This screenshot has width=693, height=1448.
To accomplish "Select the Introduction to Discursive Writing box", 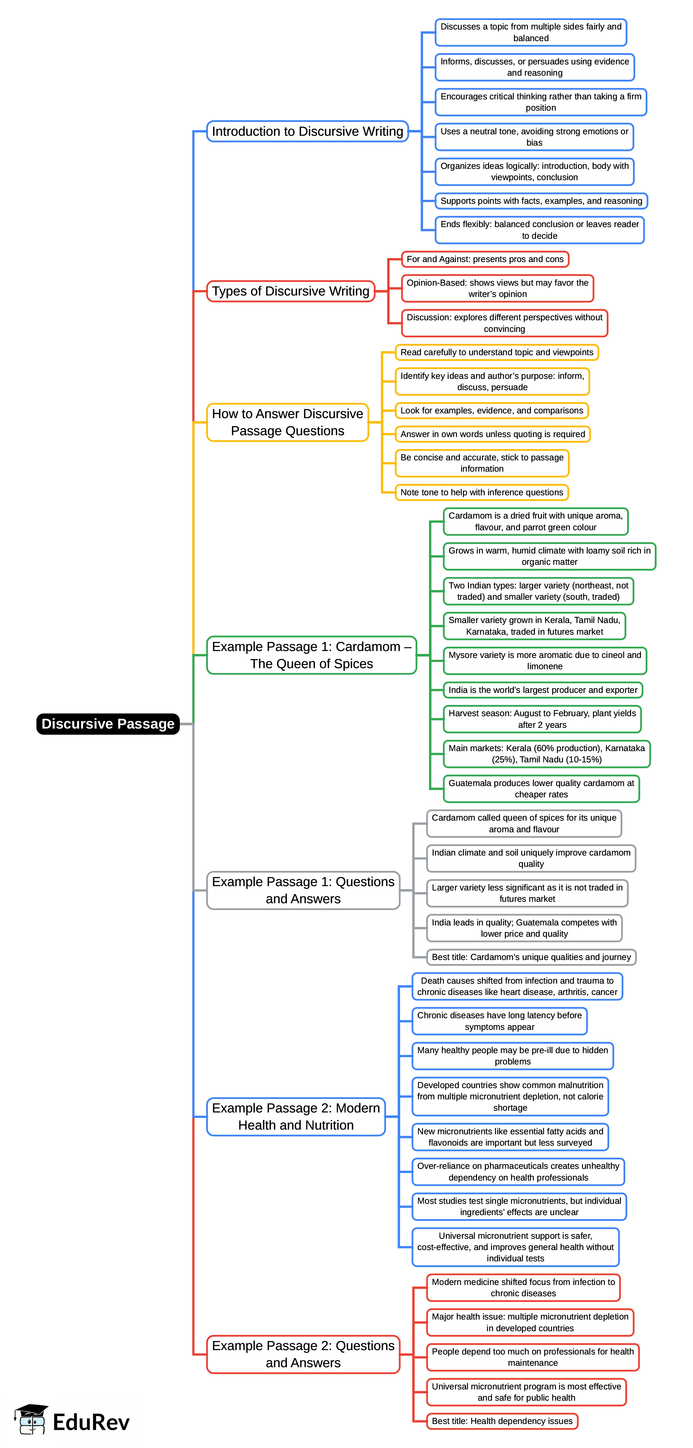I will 307,131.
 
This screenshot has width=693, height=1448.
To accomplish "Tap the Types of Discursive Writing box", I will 290,291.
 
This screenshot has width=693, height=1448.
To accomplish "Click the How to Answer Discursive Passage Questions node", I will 287,422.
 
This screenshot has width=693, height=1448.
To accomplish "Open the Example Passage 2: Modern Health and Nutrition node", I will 296,1116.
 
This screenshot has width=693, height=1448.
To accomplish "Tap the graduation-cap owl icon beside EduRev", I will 31,1419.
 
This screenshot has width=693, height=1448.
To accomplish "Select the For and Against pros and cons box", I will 485,259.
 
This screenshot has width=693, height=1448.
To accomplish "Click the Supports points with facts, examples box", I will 541,201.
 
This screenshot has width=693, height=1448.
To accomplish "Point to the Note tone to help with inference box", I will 481,492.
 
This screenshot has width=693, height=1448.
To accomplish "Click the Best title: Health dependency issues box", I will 502,1421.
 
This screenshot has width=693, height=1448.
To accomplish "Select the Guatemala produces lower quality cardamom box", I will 541,789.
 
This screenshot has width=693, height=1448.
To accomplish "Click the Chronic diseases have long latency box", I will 500,1021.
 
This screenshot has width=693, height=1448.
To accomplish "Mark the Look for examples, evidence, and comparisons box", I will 492,410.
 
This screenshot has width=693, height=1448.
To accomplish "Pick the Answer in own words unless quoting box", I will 493,434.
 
